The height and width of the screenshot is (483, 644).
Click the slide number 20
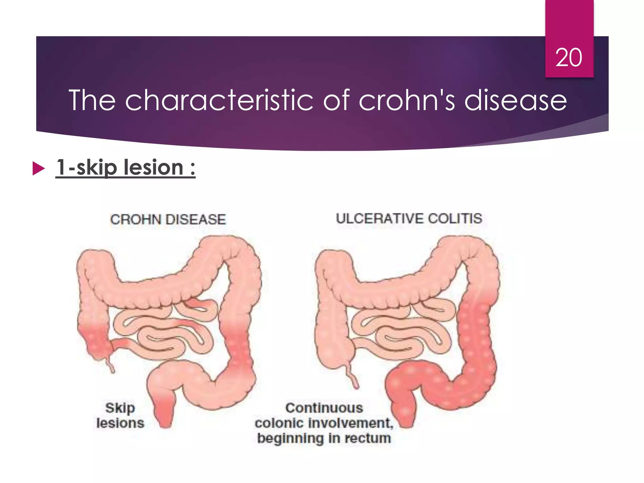(x=569, y=58)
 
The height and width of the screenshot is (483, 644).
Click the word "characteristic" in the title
(x=219, y=100)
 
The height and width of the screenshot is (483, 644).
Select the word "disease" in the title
(x=515, y=100)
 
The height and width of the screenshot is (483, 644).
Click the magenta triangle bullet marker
(x=38, y=169)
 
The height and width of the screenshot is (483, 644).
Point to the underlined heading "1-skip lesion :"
(x=125, y=168)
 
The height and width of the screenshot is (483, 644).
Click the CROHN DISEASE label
(x=168, y=219)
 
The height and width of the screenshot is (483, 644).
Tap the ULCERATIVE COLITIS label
(x=409, y=219)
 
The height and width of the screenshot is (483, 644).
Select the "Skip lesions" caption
(x=120, y=415)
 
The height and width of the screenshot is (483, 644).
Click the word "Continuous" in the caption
(x=324, y=408)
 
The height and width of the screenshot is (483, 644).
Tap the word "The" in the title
(x=92, y=100)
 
